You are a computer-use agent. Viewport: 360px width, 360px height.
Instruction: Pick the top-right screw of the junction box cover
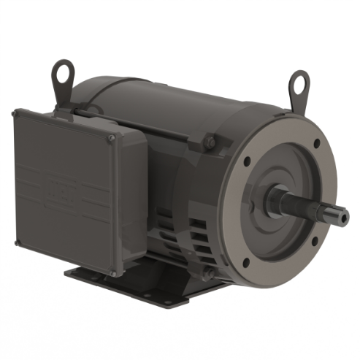tap(111, 138)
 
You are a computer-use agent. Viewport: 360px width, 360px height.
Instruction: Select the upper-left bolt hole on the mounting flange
tap(248, 161)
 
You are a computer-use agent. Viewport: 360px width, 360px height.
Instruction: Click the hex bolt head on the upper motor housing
tap(210, 141)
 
